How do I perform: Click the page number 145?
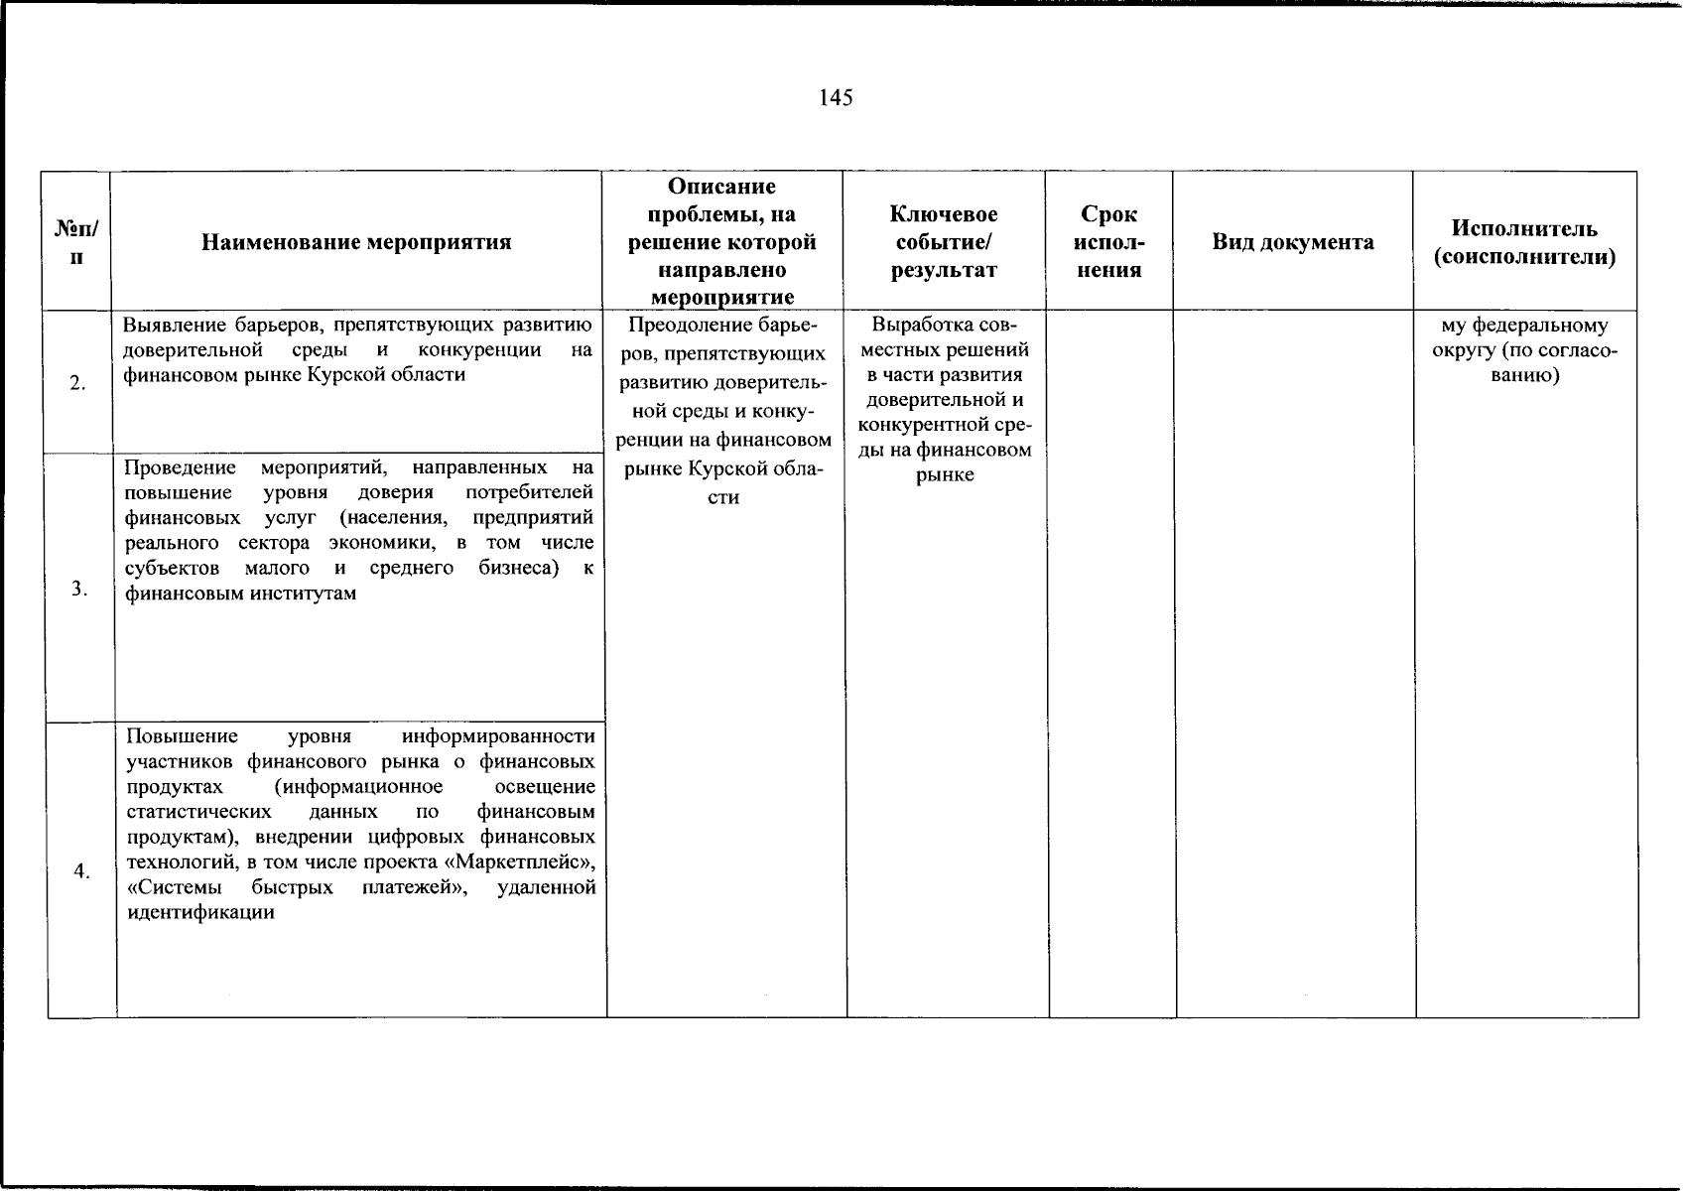click(836, 97)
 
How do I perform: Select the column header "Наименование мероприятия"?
click(356, 242)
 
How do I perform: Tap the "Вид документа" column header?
click(1293, 242)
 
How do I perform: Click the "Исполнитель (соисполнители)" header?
click(1524, 243)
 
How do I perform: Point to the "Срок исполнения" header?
click(1109, 242)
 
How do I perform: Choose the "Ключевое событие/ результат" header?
click(944, 242)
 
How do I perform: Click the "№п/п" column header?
click(76, 243)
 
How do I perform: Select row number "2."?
click(77, 386)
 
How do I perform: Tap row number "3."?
click(79, 590)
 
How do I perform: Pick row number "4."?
click(81, 871)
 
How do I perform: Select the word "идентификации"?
click(201, 912)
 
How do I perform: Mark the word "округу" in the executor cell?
click(1463, 351)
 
